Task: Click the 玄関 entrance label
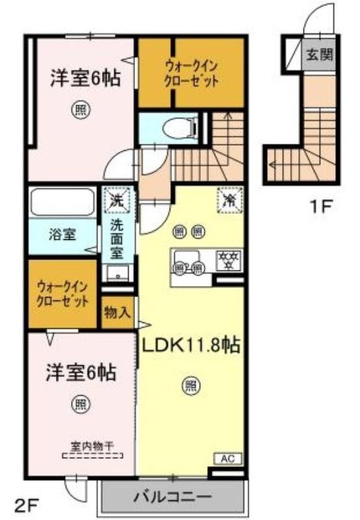coord(319,55)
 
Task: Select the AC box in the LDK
coord(227,459)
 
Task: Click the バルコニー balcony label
coord(172,497)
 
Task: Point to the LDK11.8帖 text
coord(191,346)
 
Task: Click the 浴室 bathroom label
coord(62,235)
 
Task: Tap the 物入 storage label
coord(118,313)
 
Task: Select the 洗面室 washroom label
coord(117,239)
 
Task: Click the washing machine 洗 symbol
coord(116,200)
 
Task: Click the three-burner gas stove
coord(228,259)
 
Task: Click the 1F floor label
coord(320,207)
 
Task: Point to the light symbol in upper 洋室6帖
coord(81,109)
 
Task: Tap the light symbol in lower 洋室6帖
coord(81,404)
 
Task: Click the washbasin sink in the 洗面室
coord(118,272)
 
